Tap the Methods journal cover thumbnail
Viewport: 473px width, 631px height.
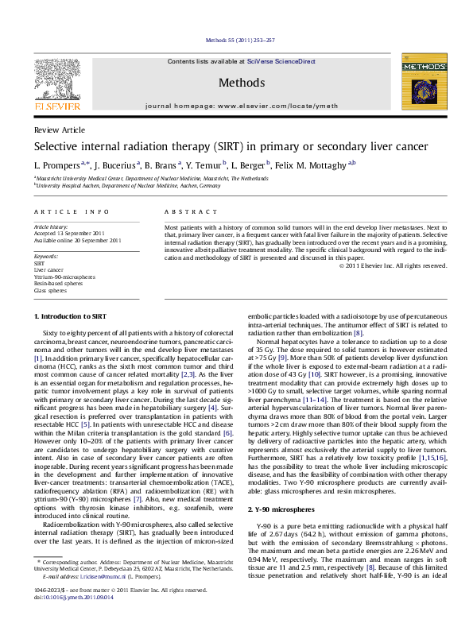coord(421,79)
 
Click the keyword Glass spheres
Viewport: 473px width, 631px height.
coord(48,290)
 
